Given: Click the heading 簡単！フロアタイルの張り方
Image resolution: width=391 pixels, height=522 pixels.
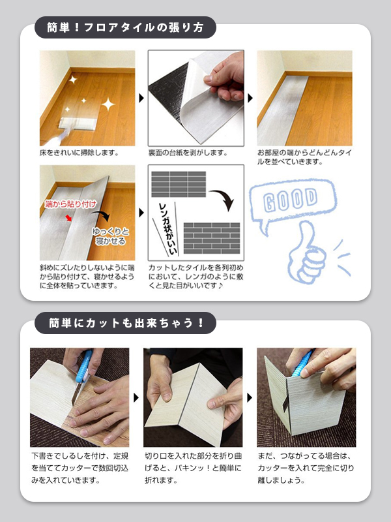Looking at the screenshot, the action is point(125,27).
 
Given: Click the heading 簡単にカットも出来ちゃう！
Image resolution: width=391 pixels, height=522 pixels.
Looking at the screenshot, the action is point(126,323).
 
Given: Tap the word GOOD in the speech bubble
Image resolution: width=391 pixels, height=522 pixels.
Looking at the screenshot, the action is point(290,199).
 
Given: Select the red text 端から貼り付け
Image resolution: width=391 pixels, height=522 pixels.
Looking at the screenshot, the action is point(71,204).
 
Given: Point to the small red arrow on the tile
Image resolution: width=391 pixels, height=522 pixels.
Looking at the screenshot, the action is point(68,218).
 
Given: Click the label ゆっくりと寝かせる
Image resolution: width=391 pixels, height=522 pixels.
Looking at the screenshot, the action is point(110,236).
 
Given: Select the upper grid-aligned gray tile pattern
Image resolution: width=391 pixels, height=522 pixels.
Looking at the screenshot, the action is point(179,184).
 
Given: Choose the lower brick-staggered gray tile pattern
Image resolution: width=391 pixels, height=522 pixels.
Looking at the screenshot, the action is point(212,238).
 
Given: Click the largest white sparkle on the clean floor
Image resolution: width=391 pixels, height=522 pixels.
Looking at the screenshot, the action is point(108,104).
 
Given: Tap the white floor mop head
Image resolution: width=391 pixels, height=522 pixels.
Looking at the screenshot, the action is point(76,123).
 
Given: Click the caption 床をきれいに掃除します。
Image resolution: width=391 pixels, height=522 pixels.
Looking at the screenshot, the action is point(79,153).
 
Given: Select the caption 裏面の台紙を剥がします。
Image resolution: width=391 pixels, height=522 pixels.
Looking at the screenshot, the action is point(188,153).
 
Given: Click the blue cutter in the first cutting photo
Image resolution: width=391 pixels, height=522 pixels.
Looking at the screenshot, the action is point(83,367).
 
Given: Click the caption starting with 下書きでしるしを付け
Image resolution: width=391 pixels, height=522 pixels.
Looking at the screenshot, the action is point(80,468).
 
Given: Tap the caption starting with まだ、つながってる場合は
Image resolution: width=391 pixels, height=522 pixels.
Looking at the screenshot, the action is point(306,468).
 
